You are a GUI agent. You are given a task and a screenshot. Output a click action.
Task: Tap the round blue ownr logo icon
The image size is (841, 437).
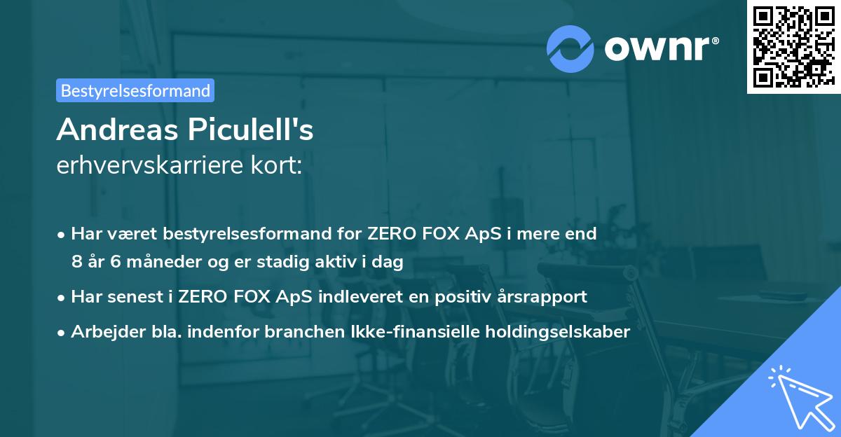pos(570,48)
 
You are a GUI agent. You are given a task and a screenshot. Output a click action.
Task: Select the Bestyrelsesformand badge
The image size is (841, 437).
pos(135,90)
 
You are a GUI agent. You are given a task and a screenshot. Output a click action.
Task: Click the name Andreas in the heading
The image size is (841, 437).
pos(115,130)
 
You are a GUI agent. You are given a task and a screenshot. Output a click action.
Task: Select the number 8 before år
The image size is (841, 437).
pos(76,262)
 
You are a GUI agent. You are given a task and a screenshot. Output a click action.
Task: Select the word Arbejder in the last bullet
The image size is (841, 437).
pos(100,332)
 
